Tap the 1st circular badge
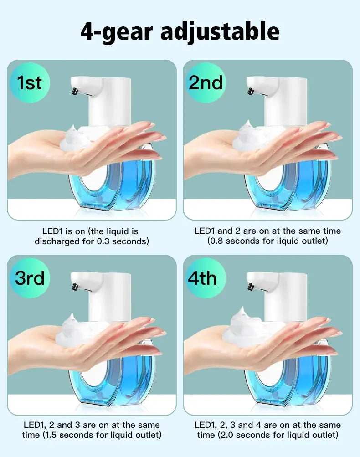[29, 83]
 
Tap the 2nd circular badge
[206, 83]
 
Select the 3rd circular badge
[29, 277]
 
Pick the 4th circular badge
[206, 277]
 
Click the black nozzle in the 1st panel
[74, 92]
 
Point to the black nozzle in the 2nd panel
[250, 92]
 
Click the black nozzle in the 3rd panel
[74, 286]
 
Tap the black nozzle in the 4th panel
[250, 286]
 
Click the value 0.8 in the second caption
[216, 241]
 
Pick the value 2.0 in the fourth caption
[226, 435]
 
